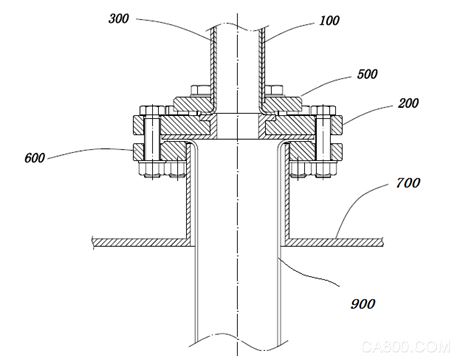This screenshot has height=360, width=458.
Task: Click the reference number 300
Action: (x=119, y=19)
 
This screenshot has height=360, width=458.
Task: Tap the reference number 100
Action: (x=329, y=21)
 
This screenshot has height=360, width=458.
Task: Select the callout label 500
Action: (x=367, y=74)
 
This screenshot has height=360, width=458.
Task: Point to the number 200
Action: (x=408, y=103)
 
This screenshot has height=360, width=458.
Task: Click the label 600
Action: (x=35, y=158)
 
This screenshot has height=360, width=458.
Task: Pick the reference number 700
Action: (x=408, y=183)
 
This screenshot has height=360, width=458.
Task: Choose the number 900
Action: (x=363, y=304)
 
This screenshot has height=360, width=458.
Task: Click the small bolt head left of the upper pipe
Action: (x=200, y=91)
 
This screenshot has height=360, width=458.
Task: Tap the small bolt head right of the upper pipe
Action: (x=275, y=91)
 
